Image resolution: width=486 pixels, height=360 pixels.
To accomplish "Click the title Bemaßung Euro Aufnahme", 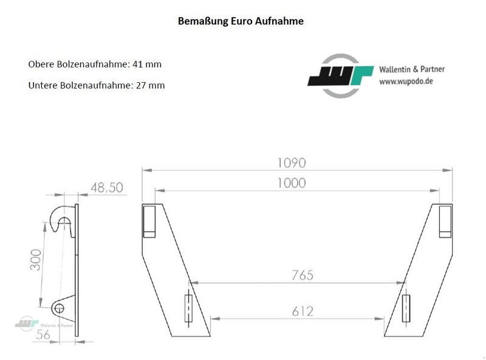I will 241,21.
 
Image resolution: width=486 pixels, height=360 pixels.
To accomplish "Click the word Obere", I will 40,64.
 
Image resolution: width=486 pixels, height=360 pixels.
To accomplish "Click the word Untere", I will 42,85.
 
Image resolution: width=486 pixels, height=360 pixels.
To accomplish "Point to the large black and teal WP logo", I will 341,76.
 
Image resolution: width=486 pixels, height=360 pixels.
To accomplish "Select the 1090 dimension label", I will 291,163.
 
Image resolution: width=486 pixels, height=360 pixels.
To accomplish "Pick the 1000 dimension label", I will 291,183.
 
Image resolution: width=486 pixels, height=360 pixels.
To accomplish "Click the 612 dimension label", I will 302,311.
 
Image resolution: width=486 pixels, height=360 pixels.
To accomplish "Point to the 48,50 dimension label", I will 107,188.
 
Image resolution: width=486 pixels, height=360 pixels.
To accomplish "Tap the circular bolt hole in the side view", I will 59,308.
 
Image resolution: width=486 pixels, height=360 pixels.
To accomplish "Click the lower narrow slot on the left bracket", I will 189,309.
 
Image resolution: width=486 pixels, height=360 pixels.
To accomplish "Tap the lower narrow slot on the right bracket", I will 405,309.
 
